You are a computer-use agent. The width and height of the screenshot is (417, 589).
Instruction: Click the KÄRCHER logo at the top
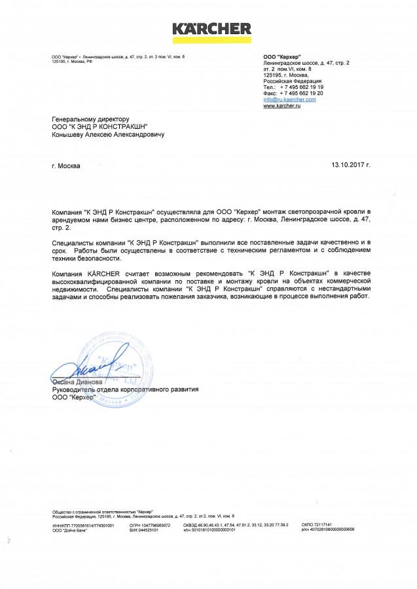[x=211, y=28]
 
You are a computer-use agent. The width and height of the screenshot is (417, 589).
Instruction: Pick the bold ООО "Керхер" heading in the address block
[x=278, y=58]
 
